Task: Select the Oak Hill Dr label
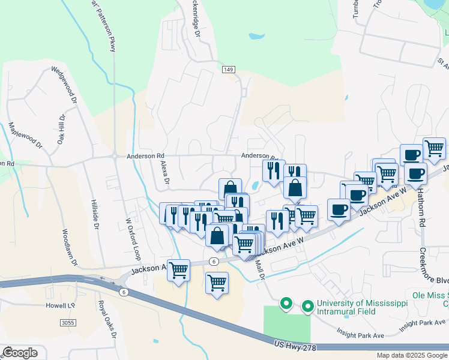pos(61,130)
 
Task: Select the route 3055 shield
pos(68,323)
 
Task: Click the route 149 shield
pos(228,70)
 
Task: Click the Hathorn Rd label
pos(423,212)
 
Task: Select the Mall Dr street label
pos(261,268)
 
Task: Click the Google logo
pos(20,352)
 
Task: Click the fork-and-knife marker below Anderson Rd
pos(273,170)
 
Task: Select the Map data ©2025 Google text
pos(411,355)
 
